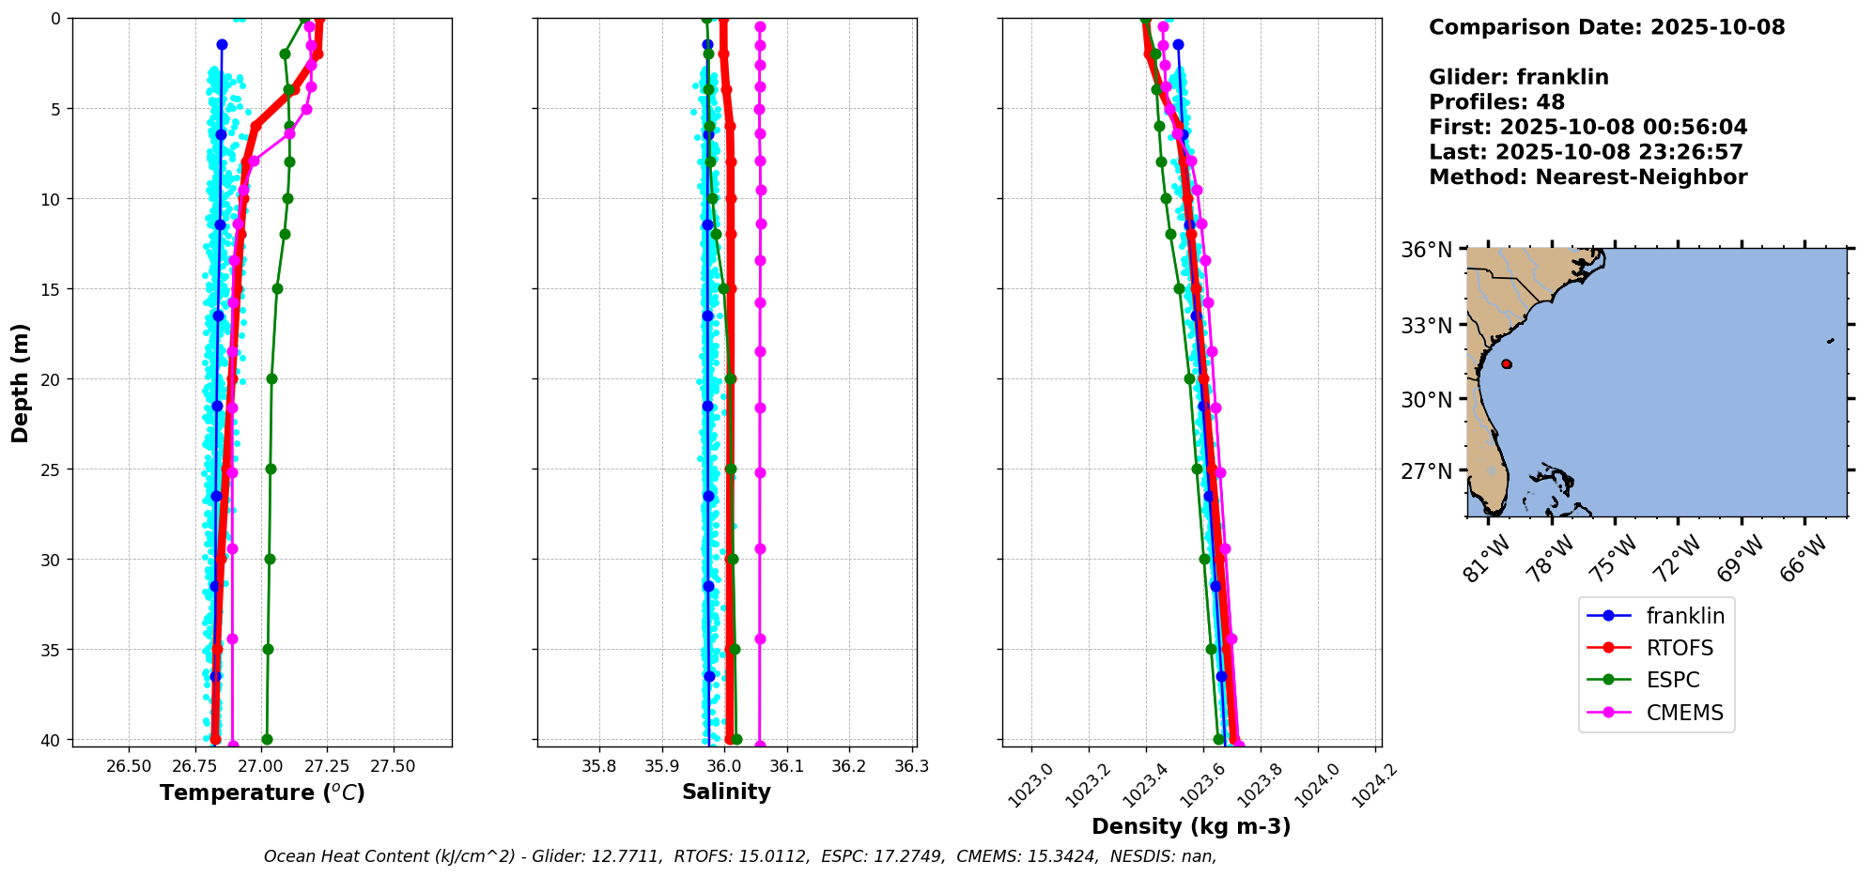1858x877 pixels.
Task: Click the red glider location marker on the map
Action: [1507, 364]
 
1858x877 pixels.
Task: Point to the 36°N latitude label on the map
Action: [1426, 250]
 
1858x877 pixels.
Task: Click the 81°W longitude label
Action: [1487, 559]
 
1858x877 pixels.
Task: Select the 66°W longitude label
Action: [1804, 559]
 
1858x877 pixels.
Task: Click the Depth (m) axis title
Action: [20, 383]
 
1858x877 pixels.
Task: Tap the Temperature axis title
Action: [262, 792]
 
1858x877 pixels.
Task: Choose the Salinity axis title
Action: [726, 792]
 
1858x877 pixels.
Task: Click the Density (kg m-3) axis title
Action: [1190, 826]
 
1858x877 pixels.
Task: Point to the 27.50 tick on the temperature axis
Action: [393, 765]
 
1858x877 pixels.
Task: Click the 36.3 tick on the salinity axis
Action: [912, 765]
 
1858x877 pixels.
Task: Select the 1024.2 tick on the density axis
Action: [1373, 785]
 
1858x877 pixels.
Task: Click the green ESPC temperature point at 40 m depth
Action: [267, 739]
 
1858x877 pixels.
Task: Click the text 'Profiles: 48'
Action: [1496, 102]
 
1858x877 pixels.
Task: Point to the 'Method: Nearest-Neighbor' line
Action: [1587, 177]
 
